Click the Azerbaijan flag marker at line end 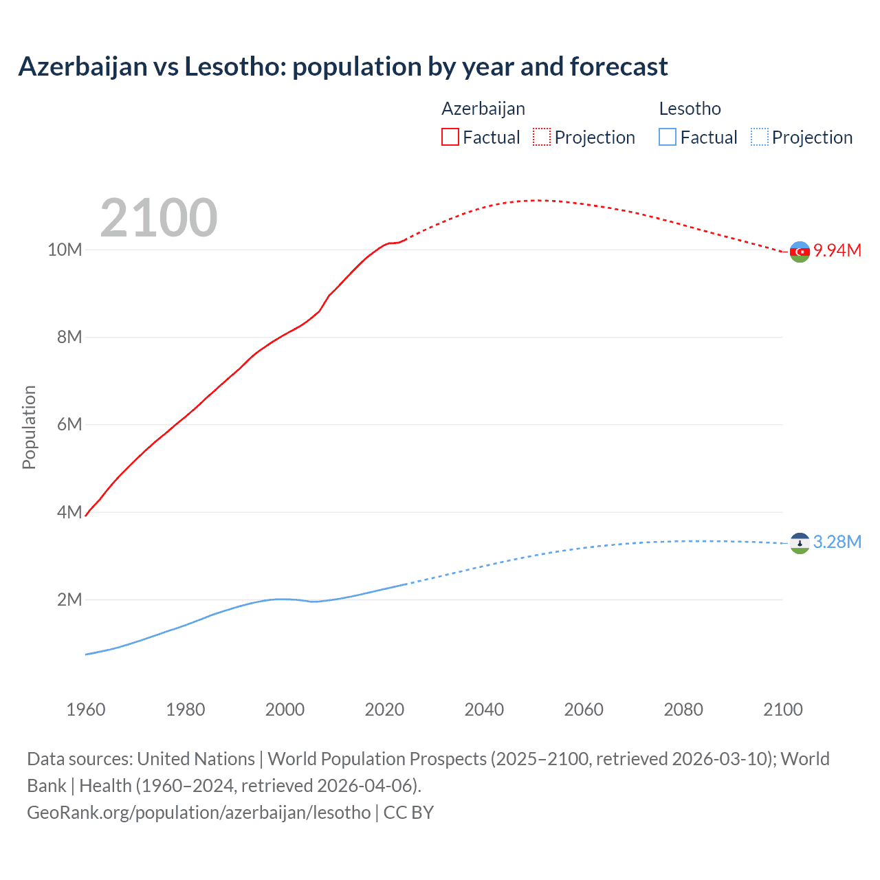(x=800, y=252)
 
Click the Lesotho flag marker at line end (x=800, y=543)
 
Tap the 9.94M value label (x=837, y=250)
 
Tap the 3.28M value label (x=837, y=542)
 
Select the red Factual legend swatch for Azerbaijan (x=450, y=137)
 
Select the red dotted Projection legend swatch (x=542, y=137)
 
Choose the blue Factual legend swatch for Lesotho (x=668, y=137)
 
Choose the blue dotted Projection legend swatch (x=760, y=137)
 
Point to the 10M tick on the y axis (x=65, y=250)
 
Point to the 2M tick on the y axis (x=69, y=599)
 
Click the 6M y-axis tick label (x=69, y=424)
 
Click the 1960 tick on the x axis (x=86, y=709)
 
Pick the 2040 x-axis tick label (x=484, y=709)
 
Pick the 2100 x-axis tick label (x=782, y=709)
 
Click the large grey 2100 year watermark (x=159, y=218)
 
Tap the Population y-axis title (x=29, y=427)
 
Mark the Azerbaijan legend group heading (x=483, y=109)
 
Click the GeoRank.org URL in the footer (x=199, y=812)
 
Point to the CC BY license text (x=408, y=812)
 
